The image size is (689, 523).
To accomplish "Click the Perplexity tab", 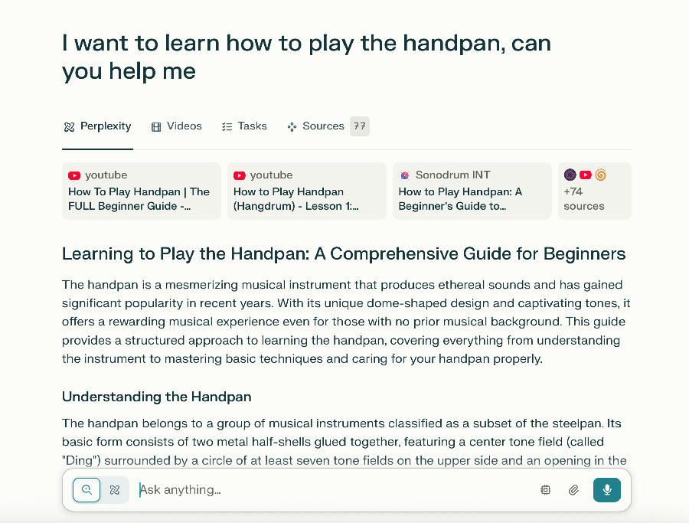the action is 97,126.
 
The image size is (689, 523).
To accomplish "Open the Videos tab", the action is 177,126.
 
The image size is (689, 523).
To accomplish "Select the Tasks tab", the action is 244,126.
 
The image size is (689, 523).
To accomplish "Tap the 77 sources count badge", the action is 360,126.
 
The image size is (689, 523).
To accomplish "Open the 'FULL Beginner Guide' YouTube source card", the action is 141,191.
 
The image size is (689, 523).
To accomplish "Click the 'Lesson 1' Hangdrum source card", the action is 307,191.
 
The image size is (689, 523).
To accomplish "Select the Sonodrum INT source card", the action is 472,191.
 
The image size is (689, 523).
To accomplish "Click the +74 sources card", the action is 595,191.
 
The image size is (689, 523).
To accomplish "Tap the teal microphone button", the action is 607,489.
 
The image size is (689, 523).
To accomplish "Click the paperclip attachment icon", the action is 573,489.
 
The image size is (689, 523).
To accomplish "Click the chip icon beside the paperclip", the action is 545,489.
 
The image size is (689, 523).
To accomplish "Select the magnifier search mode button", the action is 87,489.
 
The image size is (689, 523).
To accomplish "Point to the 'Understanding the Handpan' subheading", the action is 156,397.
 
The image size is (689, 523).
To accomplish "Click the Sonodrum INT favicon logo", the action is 405,175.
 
